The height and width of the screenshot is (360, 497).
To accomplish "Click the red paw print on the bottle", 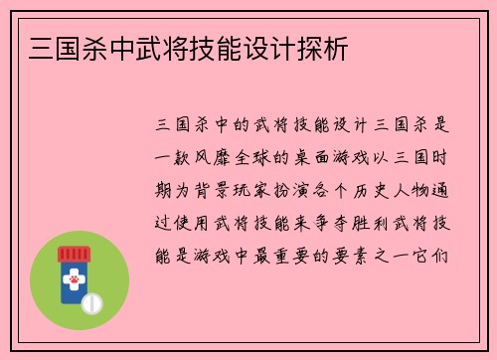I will (73, 282).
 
